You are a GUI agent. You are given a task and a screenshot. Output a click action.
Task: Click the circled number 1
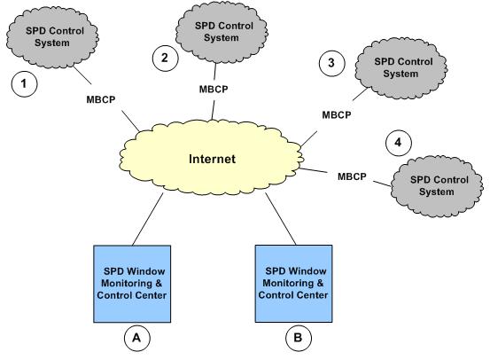click(x=24, y=84)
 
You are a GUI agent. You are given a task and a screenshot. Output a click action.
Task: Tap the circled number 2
click(x=165, y=59)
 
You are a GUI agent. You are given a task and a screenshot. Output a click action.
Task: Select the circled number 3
click(x=331, y=63)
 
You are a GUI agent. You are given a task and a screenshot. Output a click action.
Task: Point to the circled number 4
click(x=398, y=143)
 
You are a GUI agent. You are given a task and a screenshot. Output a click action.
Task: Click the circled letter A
click(x=136, y=338)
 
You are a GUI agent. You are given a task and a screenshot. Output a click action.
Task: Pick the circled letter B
click(x=299, y=338)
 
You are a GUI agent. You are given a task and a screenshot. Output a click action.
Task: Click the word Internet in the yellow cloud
click(x=212, y=159)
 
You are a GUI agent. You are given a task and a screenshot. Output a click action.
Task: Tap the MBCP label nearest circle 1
click(x=101, y=100)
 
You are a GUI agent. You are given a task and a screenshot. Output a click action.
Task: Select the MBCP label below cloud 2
click(x=214, y=90)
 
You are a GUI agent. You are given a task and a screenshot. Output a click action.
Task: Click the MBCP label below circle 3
click(x=337, y=114)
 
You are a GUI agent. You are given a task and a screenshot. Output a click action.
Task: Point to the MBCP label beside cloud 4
click(x=352, y=176)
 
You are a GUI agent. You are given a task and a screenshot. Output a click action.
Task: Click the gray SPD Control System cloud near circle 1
click(x=52, y=37)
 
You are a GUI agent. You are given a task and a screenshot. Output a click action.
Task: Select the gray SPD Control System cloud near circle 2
click(x=222, y=32)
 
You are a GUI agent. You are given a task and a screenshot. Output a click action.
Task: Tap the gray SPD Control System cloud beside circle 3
click(x=401, y=68)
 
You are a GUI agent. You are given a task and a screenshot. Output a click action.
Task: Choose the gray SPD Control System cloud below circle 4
click(x=437, y=186)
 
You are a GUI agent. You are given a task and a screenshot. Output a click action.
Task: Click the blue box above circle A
click(x=132, y=284)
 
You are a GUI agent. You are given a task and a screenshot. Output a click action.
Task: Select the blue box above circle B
click(x=294, y=284)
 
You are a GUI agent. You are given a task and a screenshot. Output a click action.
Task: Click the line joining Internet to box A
click(x=148, y=219)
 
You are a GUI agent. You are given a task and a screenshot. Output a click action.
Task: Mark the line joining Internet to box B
click(x=281, y=219)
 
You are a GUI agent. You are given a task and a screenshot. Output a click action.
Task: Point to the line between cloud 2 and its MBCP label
click(x=215, y=72)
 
